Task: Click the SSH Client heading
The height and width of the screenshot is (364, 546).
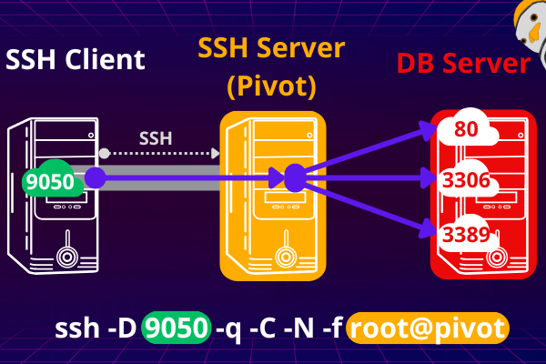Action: coord(76,60)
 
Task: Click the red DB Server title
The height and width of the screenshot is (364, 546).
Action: coord(463,64)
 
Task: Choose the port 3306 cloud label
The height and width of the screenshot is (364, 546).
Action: coord(466,181)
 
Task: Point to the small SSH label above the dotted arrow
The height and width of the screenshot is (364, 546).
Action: coord(156,139)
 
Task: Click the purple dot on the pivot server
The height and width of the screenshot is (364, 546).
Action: coord(294,178)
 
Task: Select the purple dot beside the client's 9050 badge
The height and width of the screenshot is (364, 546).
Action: coord(95,178)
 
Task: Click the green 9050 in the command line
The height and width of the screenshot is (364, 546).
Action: coord(177,328)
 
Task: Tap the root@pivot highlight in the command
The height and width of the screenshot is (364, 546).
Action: coord(428,328)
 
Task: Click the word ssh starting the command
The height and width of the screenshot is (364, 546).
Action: coord(74,328)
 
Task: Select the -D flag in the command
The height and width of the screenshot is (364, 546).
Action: coord(121,328)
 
